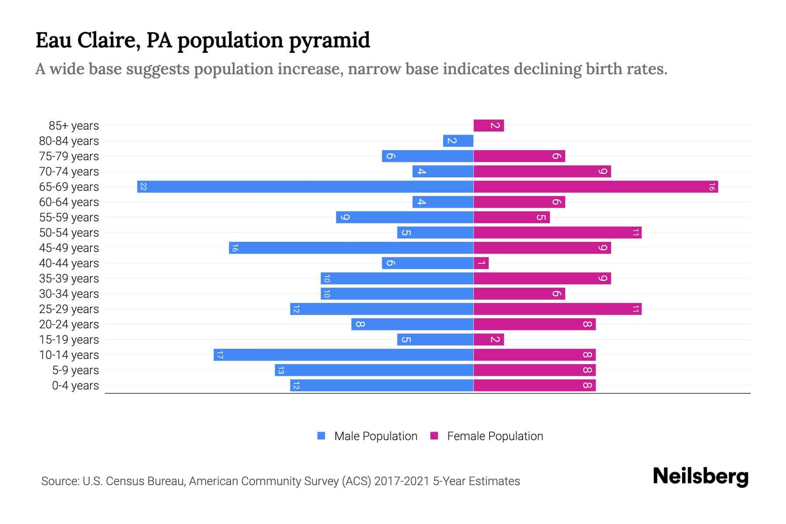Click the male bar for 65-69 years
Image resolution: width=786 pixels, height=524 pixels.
(x=305, y=187)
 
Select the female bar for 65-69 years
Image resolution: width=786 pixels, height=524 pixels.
(x=596, y=187)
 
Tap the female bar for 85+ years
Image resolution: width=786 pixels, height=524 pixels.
(x=489, y=126)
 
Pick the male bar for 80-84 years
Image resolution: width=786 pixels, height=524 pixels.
(x=458, y=141)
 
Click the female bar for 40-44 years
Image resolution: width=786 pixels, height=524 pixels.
(x=481, y=263)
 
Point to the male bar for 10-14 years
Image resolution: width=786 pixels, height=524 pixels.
(x=343, y=355)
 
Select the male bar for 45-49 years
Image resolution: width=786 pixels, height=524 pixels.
(x=351, y=248)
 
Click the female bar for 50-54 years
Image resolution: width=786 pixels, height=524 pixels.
(x=557, y=233)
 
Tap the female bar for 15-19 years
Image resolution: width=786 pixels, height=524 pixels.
(x=489, y=340)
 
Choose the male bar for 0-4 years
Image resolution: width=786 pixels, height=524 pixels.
(x=382, y=386)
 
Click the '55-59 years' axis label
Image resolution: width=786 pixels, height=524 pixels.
(x=69, y=217)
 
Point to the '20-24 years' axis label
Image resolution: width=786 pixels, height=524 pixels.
(x=69, y=324)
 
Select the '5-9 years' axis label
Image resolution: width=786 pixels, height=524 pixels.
(x=76, y=370)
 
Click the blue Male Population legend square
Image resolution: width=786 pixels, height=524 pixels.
(x=321, y=436)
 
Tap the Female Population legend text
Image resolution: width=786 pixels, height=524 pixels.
(x=495, y=436)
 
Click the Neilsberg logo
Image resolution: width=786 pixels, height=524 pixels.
(x=700, y=476)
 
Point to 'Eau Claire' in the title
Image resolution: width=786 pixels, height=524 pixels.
(x=88, y=41)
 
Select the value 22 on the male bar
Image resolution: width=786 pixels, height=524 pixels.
(x=143, y=187)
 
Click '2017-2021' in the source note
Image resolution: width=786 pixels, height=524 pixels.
(x=402, y=481)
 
